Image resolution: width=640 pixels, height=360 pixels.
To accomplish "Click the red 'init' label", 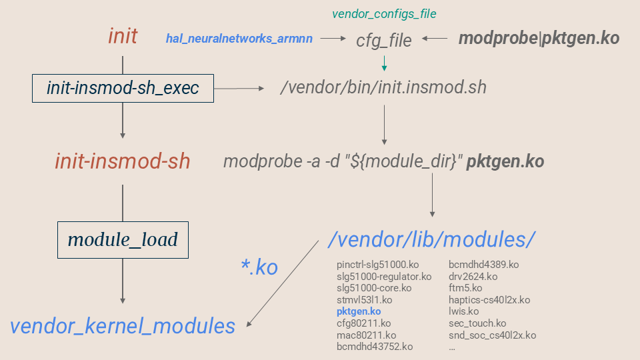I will [123, 36].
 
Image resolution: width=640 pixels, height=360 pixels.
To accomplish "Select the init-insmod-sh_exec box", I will [123, 88].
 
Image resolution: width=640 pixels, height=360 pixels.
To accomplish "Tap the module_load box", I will [123, 239].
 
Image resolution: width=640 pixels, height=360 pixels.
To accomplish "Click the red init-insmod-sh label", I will [123, 161].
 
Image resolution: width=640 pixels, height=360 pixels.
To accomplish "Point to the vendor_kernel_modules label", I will [123, 326].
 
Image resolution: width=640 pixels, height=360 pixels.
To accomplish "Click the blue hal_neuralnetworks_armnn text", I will [239, 39].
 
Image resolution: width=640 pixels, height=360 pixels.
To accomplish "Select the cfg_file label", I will [384, 40].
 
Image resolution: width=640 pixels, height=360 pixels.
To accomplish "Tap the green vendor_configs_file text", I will [384, 13].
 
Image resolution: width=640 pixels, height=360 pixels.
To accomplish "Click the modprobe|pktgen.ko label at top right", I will [539, 39].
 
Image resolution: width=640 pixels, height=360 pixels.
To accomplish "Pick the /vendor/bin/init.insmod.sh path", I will [383, 88].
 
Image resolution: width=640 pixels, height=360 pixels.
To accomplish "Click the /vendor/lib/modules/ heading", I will [432, 239].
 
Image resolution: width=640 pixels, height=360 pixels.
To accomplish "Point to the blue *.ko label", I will [259, 267].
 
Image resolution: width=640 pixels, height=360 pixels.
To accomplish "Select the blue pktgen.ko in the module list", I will [359, 311].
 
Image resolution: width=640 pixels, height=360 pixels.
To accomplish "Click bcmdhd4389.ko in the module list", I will [483, 265].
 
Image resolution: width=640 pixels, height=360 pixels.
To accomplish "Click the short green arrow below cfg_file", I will [384, 63].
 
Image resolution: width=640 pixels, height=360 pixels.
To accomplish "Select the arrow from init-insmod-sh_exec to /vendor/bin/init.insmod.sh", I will [239, 88].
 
